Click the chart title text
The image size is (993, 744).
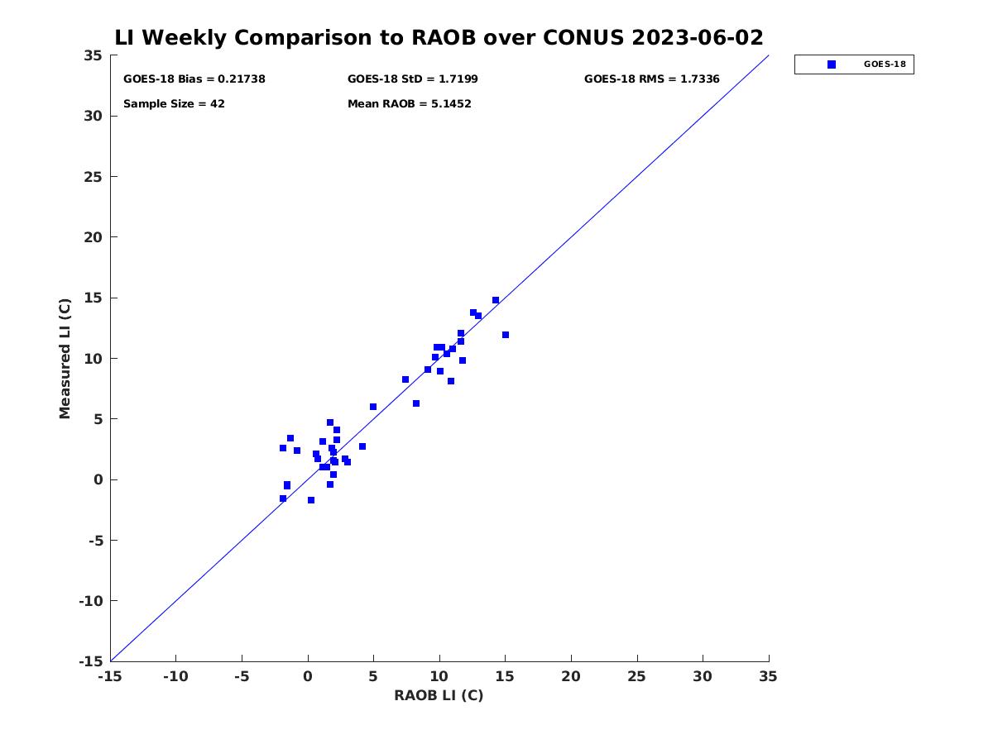pos(439,37)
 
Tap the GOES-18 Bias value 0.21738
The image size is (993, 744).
pos(242,79)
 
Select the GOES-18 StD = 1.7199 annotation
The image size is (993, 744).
pos(413,79)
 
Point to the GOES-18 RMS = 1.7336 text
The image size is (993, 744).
pos(651,79)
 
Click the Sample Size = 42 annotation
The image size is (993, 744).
pos(174,104)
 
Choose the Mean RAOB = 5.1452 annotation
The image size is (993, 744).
pos(410,104)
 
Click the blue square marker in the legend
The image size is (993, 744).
pos(832,64)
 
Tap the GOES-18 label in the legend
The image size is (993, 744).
pos(885,64)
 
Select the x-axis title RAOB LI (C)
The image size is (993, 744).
pos(439,695)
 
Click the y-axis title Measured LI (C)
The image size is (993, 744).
pos(65,359)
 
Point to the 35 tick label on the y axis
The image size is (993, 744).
pos(94,55)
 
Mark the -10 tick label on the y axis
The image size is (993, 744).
pos(91,601)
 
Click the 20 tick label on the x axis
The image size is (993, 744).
pos(571,676)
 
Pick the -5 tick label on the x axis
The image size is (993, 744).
pos(242,676)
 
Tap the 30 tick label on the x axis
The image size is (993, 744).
pos(703,676)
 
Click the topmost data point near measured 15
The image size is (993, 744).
pos(496,300)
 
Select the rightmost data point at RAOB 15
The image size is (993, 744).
pos(506,335)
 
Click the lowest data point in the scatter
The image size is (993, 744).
pos(311,500)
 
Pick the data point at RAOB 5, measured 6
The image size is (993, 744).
pos(372,407)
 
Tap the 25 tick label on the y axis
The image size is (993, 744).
pos(94,177)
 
